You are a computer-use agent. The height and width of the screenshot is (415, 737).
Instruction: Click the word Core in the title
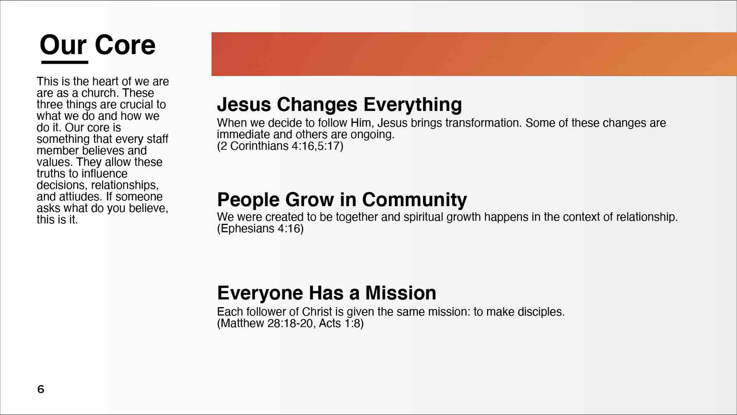125,45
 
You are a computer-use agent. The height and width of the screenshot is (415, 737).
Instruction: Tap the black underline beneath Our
65,62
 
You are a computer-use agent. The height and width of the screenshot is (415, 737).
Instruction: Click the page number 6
41,389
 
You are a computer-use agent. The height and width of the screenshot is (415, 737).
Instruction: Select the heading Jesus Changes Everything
339,104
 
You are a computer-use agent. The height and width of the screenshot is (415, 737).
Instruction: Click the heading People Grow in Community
342,200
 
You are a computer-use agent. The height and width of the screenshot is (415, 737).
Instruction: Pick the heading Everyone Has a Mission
327,293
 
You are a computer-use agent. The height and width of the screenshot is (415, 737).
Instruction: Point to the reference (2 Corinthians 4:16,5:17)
280,146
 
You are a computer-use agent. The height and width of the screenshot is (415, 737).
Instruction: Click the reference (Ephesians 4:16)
260,229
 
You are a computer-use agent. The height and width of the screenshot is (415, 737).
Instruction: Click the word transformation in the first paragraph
484,123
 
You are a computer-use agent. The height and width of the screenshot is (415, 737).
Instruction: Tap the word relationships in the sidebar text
125,185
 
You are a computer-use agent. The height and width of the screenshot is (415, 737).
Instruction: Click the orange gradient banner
474,54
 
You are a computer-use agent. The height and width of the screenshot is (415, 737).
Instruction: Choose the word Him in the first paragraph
361,123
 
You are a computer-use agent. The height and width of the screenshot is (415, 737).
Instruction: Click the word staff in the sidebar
157,139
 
